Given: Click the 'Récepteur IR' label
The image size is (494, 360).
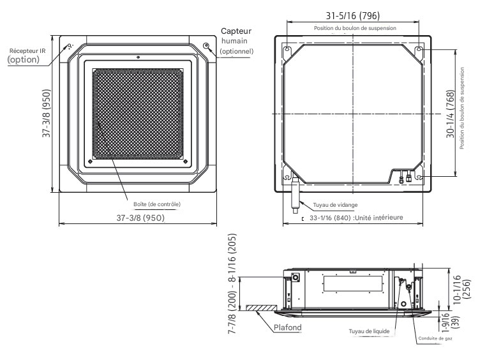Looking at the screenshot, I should tap(24, 50).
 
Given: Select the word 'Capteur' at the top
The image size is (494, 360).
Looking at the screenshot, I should tap(236, 31).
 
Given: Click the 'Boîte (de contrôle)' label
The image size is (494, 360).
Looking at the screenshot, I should tap(157, 204).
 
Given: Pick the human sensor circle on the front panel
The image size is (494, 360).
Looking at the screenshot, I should tap(206, 45).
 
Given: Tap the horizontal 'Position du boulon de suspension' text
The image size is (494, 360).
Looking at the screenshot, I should tap(355, 28).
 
